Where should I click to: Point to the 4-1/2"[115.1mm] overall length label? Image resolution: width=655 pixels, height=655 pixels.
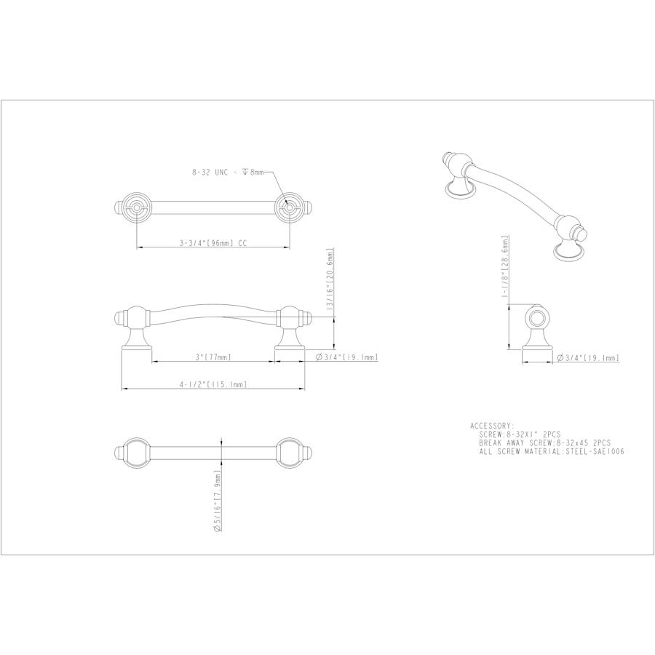pos(213,385)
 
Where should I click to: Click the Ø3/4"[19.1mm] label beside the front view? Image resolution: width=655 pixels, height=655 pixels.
pos(346,357)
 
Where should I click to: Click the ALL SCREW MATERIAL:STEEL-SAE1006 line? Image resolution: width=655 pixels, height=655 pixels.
pos(552,451)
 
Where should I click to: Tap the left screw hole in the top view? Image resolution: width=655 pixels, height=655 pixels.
pos(136,209)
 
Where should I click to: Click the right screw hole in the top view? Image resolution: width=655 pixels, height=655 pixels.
pos(288,209)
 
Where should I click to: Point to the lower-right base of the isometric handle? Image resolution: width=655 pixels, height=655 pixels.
pos(569,253)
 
